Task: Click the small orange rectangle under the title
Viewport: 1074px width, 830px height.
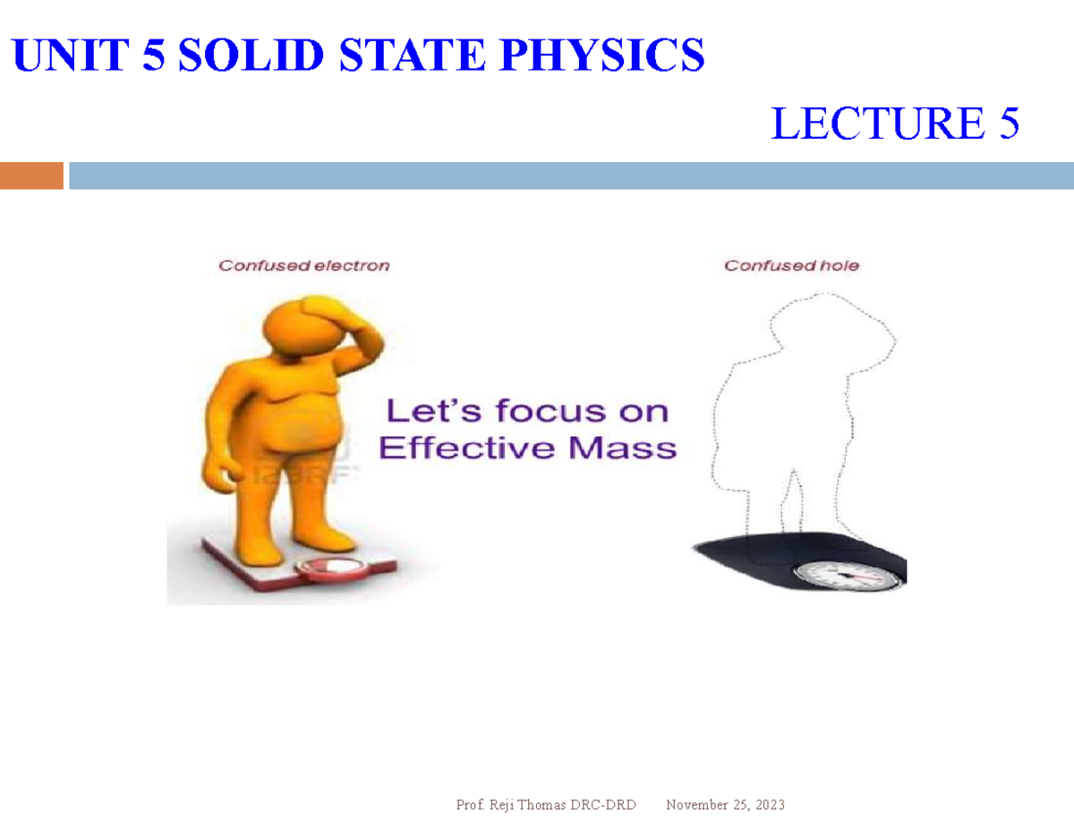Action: pos(31,175)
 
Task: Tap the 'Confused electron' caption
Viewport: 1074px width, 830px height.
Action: pos(304,265)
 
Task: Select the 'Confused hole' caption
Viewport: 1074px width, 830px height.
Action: pos(791,265)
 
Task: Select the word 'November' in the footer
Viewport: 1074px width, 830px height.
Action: pos(695,805)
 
